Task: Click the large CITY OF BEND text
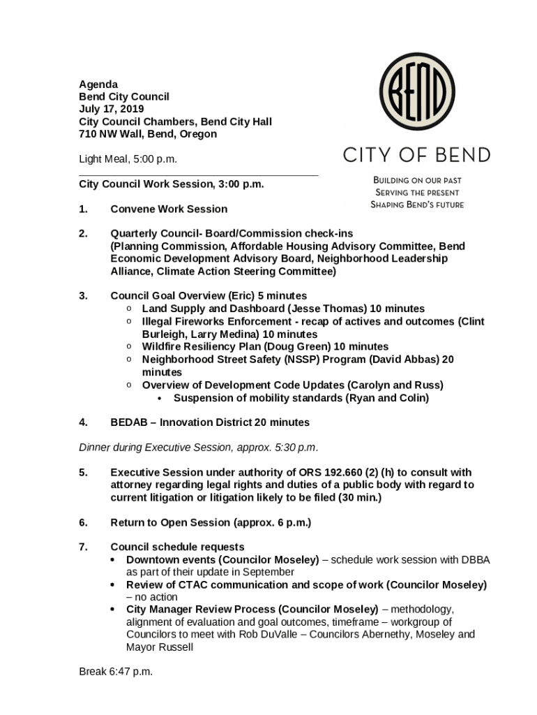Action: point(416,154)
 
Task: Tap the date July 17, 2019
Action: point(112,109)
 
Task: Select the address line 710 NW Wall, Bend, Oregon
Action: point(148,134)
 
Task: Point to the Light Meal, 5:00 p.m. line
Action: point(128,159)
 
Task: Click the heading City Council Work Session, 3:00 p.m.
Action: point(172,184)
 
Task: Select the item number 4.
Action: point(83,422)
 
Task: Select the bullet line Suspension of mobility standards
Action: point(301,398)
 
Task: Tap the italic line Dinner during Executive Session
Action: point(199,447)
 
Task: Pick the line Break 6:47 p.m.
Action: point(116,672)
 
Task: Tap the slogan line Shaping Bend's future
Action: point(417,205)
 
